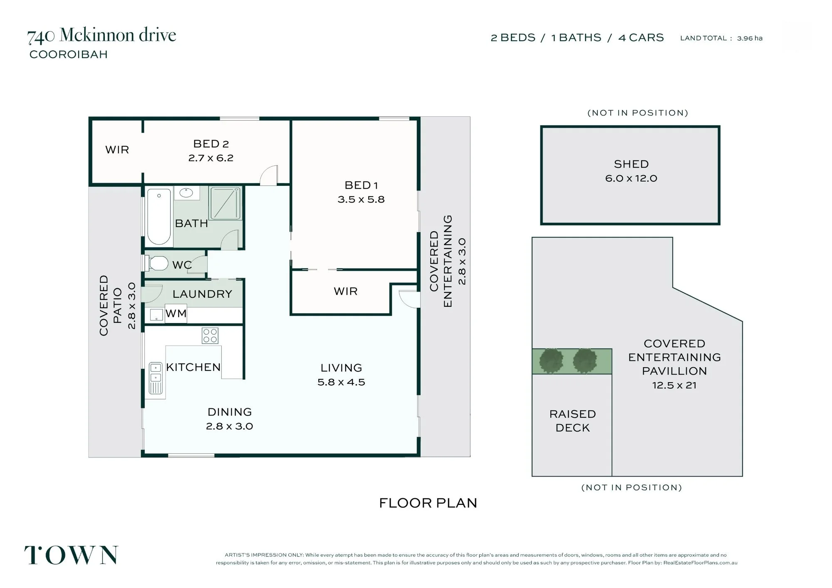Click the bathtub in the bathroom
pos(159,217)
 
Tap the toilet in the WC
pos(156,263)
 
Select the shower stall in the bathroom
pos(225,203)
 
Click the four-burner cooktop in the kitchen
pos(210,336)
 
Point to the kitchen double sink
pos(156,378)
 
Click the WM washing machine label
pos(176,314)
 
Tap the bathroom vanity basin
pos(186,193)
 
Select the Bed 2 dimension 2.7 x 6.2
pos(211,158)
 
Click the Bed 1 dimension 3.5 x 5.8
pos(361,200)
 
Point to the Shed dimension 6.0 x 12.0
pos(631,178)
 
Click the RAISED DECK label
pos(573,421)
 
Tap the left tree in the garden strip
pos(551,361)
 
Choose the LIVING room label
pos(341,368)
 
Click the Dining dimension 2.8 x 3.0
pos(230,426)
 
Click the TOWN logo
pos(71,555)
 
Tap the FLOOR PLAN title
pos(428,503)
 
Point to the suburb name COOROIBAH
pos(69,54)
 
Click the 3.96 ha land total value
pos(750,38)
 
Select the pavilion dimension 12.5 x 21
pos(674,385)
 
